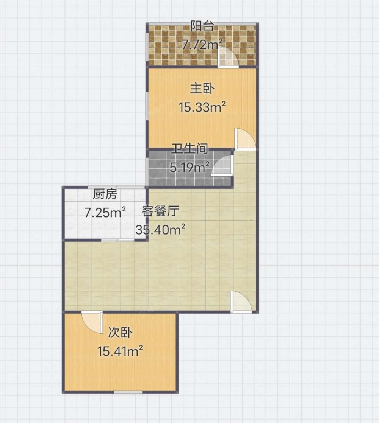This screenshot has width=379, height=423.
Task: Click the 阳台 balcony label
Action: click(202, 26)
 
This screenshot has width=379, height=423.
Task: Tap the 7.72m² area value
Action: click(203, 44)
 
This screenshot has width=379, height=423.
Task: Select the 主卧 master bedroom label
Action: click(202, 89)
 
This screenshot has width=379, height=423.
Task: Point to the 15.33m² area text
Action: click(202, 107)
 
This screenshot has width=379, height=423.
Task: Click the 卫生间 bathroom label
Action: click(189, 149)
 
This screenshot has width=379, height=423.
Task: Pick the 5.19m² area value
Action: click(189, 168)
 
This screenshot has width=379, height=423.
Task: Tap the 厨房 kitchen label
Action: click(105, 194)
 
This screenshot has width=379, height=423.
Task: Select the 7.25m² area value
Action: click(105, 213)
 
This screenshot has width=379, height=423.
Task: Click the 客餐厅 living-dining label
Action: click(160, 211)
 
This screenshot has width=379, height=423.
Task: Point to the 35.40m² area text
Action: click(160, 230)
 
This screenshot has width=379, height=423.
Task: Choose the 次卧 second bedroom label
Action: click(120, 332)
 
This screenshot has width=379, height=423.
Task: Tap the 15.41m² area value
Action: click(120, 351)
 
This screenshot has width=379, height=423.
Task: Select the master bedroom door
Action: click(245, 139)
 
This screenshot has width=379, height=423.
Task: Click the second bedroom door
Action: click(92, 322)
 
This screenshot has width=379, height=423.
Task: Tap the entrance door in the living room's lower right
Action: click(241, 302)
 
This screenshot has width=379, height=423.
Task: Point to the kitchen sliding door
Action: click(118, 239)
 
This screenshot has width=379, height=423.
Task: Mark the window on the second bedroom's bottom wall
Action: click(128, 392)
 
